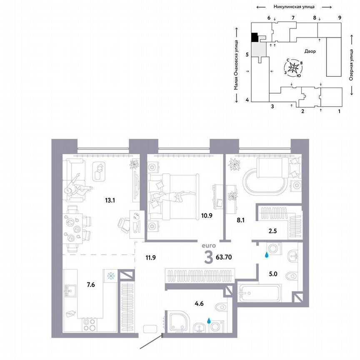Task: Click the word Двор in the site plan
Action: tap(310, 52)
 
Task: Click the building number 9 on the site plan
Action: tap(340, 17)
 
